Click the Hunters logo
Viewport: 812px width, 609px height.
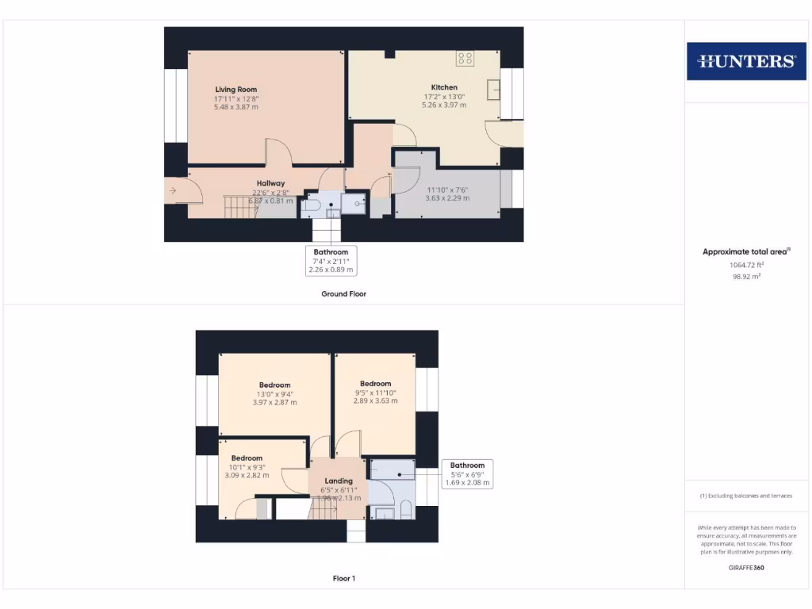(746, 61)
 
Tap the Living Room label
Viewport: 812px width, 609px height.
(236, 90)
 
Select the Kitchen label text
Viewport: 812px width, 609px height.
(444, 87)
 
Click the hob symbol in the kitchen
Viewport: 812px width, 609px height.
(465, 58)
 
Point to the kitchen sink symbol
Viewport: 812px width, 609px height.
(494, 89)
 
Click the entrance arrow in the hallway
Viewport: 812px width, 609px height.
(173, 190)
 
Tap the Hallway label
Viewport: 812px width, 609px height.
(270, 183)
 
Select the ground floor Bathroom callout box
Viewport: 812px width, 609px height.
(331, 261)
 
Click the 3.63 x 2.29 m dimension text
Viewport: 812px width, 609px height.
(448, 198)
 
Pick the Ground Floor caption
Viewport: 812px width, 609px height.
(343, 293)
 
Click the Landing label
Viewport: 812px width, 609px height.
(339, 481)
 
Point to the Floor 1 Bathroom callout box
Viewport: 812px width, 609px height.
(467, 473)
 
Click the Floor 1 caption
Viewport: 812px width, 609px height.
(343, 578)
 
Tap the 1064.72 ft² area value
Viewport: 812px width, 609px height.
(745, 265)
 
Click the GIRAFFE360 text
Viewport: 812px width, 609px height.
(746, 568)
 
